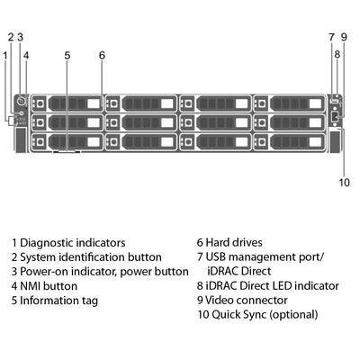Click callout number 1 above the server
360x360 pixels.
[4, 55]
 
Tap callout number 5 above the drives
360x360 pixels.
[67, 55]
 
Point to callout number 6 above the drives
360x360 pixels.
[102, 55]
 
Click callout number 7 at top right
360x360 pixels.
[331, 37]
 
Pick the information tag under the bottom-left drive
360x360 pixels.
[67, 152]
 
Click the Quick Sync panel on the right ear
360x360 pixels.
[337, 140]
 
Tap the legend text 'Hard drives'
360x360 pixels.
[234, 243]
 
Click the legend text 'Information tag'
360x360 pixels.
[58, 301]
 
